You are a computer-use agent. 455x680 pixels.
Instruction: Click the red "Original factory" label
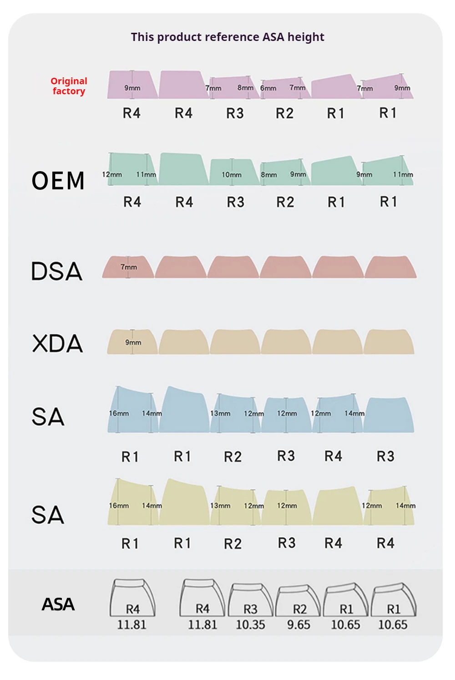[69, 86]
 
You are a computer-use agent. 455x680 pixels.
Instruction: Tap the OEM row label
[58, 181]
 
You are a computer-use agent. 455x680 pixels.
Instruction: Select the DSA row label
[57, 271]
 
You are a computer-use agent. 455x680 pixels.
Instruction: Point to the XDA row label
[57, 343]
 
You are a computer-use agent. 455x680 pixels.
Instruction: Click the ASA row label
[58, 604]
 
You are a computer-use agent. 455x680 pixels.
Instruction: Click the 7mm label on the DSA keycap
[129, 267]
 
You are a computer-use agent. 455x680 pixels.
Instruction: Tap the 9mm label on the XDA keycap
[133, 342]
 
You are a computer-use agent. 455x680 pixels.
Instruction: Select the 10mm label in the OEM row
[232, 175]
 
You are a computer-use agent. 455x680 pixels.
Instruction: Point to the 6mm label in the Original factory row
[268, 88]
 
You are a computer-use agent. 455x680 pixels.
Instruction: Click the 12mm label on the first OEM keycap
[112, 175]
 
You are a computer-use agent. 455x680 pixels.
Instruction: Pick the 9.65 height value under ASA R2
[298, 624]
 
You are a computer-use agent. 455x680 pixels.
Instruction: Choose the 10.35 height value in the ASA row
[250, 624]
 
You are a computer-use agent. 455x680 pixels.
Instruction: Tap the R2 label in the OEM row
[285, 202]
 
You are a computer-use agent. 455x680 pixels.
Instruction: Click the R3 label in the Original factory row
[235, 113]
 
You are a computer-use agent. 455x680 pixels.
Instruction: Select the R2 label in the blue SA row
[233, 457]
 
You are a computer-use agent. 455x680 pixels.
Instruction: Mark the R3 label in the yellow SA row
[287, 543]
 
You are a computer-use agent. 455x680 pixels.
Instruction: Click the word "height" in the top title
[306, 37]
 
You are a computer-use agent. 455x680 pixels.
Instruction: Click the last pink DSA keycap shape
[390, 267]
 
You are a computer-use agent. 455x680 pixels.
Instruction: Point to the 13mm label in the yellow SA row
[220, 506]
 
